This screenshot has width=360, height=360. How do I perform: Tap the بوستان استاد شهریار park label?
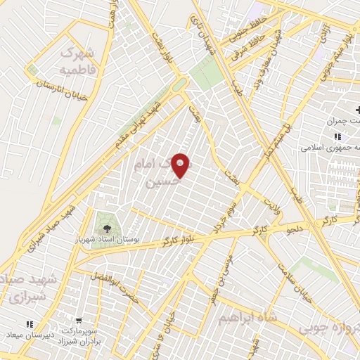(x=106, y=241)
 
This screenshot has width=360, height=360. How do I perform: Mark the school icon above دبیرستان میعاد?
(x=30, y=324)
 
